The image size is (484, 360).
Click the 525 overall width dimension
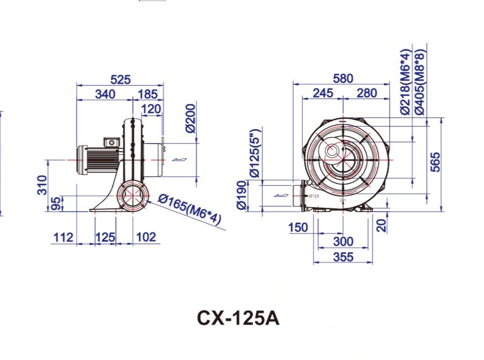pyautogui.click(x=120, y=80)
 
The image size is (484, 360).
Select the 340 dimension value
pyautogui.click(x=104, y=94)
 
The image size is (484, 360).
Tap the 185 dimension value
pyautogui.click(x=148, y=94)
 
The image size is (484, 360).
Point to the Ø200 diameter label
pyautogui.click(x=192, y=119)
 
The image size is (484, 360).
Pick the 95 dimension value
pyautogui.click(x=54, y=204)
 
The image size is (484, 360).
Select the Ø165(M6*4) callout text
pyautogui.click(x=190, y=212)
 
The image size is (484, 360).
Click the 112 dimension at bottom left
pyautogui.click(x=63, y=237)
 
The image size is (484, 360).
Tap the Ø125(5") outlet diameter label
pyautogui.click(x=255, y=153)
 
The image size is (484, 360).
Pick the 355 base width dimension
pyautogui.click(x=342, y=257)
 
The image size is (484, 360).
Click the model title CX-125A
pyautogui.click(x=238, y=318)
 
